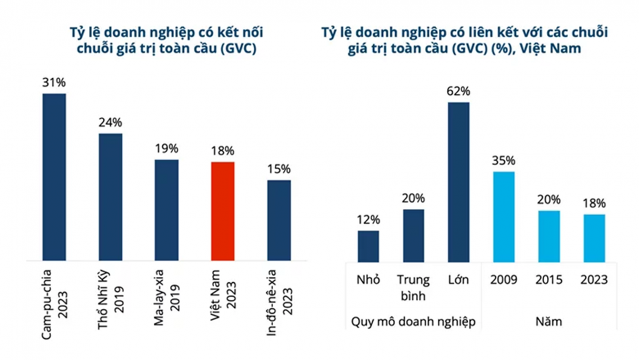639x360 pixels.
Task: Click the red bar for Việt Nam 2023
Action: (223, 211)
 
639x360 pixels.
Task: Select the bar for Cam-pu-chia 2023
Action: (54, 177)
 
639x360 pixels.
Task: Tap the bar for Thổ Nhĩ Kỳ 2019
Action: (110, 197)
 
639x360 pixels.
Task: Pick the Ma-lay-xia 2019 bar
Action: (167, 210)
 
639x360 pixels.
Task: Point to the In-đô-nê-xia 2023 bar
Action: (279, 220)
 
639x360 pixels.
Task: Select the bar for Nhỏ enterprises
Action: (368, 246)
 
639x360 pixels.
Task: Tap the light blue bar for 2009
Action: (504, 216)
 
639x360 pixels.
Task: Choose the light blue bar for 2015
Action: (548, 235)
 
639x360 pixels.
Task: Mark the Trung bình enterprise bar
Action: (414, 235)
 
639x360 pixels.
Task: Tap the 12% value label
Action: (368, 219)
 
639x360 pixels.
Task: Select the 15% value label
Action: (279, 169)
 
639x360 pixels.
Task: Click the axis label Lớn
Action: (458, 280)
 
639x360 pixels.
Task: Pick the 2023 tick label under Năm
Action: (594, 280)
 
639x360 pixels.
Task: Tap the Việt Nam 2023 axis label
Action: (223, 299)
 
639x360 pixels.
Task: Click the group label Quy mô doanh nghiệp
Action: (412, 322)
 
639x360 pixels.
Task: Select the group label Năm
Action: (548, 322)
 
